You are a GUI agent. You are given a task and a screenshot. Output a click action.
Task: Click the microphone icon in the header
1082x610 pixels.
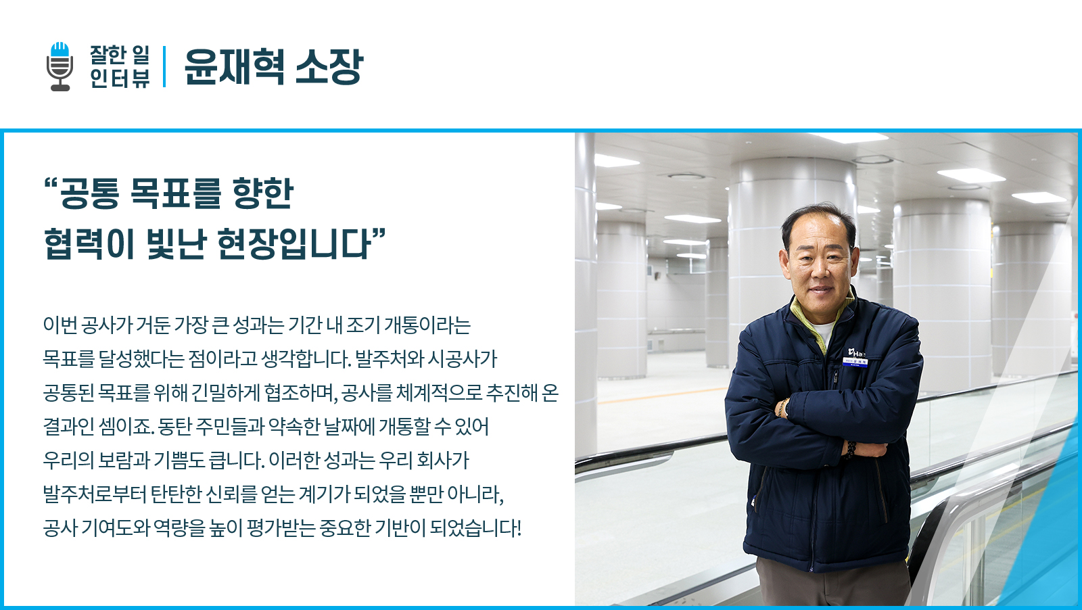(60, 67)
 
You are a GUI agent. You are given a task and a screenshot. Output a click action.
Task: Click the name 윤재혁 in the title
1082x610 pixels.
(234, 67)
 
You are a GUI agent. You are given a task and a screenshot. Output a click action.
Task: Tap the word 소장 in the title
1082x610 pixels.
(329, 67)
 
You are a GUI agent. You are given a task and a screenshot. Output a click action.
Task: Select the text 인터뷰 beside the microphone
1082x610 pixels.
(120, 78)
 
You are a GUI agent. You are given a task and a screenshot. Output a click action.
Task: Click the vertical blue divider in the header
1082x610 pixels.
(165, 67)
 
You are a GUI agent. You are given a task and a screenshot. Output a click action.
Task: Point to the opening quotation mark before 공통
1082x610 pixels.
(51, 184)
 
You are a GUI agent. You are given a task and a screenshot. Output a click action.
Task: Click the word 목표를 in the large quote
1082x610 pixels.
(175, 193)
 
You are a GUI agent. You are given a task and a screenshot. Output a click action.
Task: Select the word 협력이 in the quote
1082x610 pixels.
(89, 244)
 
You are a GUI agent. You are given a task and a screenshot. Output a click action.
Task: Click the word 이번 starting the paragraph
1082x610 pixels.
(60, 325)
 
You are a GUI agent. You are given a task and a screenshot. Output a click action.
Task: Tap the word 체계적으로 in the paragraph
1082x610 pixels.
(439, 393)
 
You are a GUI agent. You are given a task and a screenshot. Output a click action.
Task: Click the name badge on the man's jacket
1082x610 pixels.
(855, 361)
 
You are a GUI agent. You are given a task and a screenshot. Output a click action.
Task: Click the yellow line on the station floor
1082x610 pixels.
(663, 395)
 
